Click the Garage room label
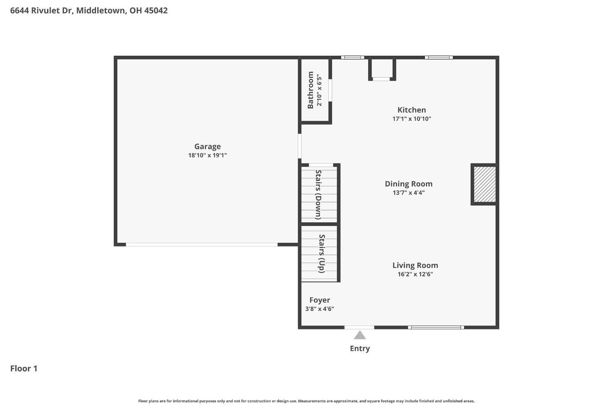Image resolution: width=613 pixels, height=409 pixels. [x=207, y=146]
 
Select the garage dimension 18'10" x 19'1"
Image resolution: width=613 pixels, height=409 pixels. [x=207, y=155]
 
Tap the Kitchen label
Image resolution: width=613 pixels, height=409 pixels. [x=412, y=110]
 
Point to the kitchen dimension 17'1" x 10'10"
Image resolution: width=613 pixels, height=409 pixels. [x=412, y=119]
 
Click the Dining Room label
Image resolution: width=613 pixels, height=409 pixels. [x=408, y=184]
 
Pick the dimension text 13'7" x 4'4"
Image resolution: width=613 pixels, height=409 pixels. [x=408, y=193]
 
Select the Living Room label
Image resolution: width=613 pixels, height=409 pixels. [x=415, y=265]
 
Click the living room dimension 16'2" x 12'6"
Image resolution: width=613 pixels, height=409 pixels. [x=415, y=274]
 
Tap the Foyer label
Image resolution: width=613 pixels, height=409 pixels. [x=320, y=300]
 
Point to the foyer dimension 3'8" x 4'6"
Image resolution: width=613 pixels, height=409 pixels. [x=320, y=309]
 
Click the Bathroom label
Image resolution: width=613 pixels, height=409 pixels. [x=311, y=90]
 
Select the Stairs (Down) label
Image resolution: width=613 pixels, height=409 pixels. [x=319, y=194]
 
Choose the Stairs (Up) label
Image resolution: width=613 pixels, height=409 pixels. [x=322, y=253]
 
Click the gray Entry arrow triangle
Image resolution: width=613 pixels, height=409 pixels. [x=360, y=336]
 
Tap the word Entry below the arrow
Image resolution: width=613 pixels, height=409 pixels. [x=360, y=348]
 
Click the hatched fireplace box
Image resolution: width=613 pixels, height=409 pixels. [x=484, y=184]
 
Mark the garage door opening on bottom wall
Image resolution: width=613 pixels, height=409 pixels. [x=201, y=245]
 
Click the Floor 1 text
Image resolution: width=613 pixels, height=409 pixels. [x=24, y=368]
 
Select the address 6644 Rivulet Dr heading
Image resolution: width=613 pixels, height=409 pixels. [x=89, y=11]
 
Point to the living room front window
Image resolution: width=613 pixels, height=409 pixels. [x=436, y=327]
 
